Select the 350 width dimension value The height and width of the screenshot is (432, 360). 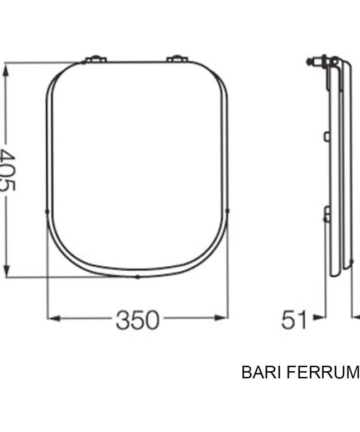pos(137,320)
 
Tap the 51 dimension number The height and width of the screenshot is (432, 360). pos(294,320)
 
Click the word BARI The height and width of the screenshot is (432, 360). pos(259,372)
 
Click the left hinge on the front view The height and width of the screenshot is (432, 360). pos(94,59)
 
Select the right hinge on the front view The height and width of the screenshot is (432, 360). pos(178,59)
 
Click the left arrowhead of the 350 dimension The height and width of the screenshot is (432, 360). pos(52,318)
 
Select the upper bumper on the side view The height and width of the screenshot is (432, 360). pos(327,136)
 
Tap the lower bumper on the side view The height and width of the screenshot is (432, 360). pos(327,213)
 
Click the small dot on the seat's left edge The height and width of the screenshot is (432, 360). pos(47,211)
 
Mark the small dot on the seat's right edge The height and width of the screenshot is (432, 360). pos(228,211)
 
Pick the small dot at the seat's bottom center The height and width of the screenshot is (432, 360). pos(137,277)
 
